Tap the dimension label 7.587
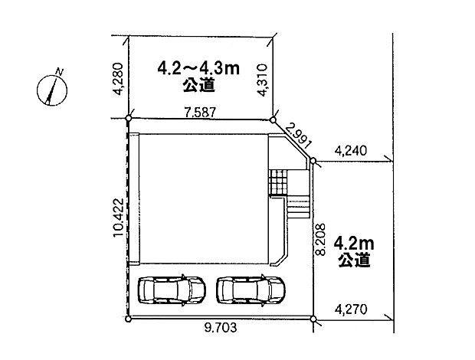click(200, 113)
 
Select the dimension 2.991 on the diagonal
click(298, 136)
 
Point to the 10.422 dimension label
click(119, 218)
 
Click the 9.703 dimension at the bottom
click(221, 327)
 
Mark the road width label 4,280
click(119, 79)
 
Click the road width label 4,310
click(262, 80)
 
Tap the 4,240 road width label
click(351, 150)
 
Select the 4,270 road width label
click(351, 309)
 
